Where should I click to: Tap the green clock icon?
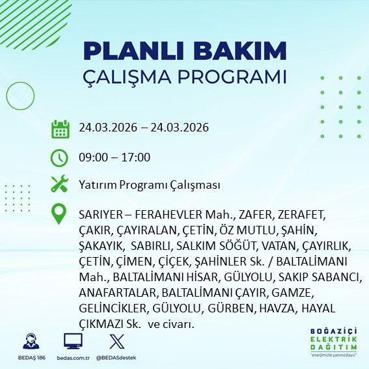60,157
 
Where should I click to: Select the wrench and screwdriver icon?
60,185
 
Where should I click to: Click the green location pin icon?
60,214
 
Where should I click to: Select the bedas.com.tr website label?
72,357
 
